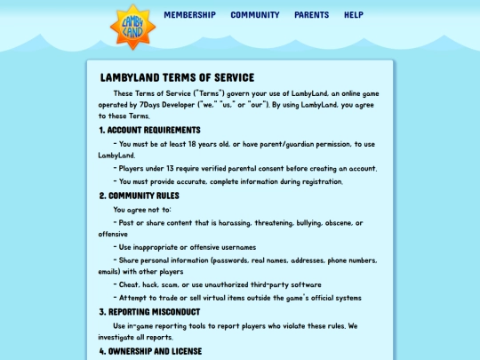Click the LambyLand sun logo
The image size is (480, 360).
[x=132, y=26]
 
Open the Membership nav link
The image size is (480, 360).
[x=189, y=15]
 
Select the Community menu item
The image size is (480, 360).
[x=254, y=15]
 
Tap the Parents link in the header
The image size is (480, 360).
[x=311, y=15]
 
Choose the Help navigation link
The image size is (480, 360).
[x=353, y=15]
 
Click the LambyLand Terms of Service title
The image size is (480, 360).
[x=177, y=78]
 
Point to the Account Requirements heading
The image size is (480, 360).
[x=149, y=130]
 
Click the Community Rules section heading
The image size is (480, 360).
[x=139, y=196]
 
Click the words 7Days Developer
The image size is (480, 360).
[x=213, y=105]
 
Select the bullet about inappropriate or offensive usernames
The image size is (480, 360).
[x=188, y=247]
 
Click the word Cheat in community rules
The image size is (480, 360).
[x=130, y=284]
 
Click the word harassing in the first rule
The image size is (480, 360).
[x=230, y=223]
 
